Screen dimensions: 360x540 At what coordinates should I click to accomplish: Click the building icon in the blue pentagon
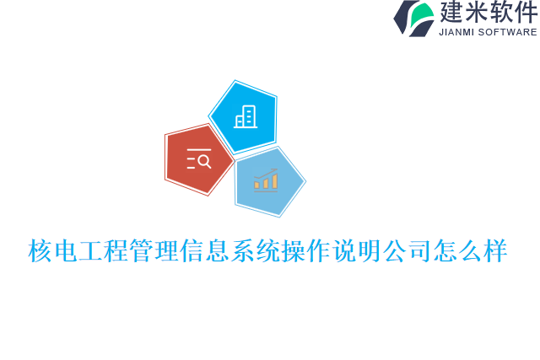coord(245,116)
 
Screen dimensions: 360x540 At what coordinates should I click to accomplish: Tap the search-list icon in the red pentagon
coord(198,159)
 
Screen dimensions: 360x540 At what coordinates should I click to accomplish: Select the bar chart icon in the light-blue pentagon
coord(266,180)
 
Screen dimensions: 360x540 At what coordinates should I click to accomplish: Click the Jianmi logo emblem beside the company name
coord(413,18)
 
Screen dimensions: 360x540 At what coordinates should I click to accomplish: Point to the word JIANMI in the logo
coord(457,32)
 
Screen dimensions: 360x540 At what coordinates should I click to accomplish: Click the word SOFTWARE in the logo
coord(508,32)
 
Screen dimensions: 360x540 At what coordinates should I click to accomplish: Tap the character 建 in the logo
coord(451,13)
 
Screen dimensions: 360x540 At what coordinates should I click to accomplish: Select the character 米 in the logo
coord(477,13)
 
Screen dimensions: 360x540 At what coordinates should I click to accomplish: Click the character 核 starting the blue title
coord(40,251)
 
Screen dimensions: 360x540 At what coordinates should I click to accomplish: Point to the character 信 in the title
coord(192,251)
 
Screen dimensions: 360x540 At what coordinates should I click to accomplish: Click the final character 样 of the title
coord(496,251)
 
